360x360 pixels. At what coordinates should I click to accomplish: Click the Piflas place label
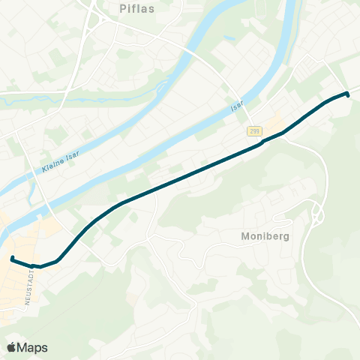click(136, 10)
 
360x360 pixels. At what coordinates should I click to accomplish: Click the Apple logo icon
click(11, 347)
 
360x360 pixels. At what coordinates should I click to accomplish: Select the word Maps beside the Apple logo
click(33, 347)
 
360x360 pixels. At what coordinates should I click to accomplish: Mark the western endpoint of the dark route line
click(12, 259)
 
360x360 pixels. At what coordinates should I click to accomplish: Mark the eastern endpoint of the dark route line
click(348, 94)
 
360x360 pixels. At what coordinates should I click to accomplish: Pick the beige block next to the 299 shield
click(274, 121)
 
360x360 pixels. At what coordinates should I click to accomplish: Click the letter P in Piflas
click(123, 10)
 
